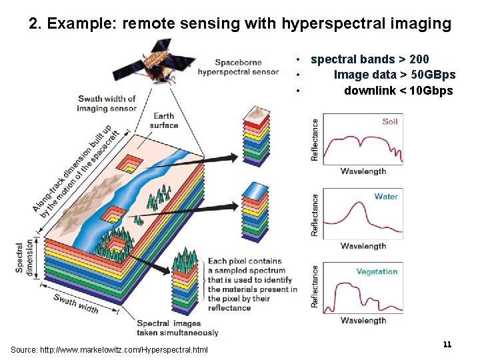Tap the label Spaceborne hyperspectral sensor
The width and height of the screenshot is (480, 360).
click(238, 67)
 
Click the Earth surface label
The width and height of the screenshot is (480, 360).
click(164, 121)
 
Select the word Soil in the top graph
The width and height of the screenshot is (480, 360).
click(390, 121)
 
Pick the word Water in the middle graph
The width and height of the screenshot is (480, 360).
click(386, 196)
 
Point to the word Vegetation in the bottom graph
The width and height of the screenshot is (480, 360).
click(377, 271)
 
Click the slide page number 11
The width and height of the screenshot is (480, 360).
click(447, 344)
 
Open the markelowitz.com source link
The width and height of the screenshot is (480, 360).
click(109, 350)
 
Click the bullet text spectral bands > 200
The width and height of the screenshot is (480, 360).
click(370, 60)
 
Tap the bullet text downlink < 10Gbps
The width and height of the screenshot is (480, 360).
click(398, 91)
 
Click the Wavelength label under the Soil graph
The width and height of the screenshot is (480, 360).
click(363, 171)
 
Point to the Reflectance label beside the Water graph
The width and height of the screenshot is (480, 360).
click(315, 215)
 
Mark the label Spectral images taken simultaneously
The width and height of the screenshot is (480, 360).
click(177, 328)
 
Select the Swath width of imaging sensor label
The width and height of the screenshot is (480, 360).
click(107, 103)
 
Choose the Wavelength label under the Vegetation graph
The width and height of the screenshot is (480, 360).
click(363, 320)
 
